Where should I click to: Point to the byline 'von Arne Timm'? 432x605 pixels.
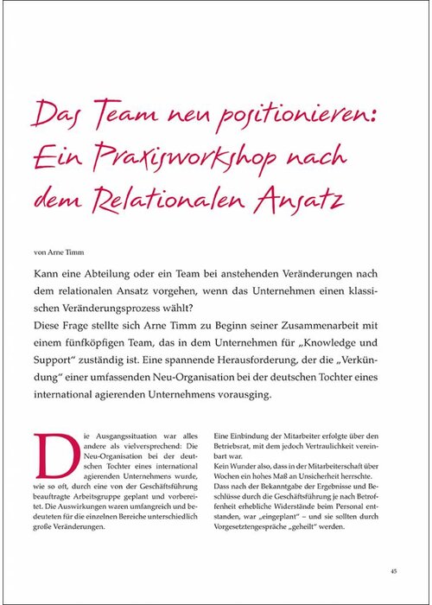60,252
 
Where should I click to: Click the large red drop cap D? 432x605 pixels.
50,451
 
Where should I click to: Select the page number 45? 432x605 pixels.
393,570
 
